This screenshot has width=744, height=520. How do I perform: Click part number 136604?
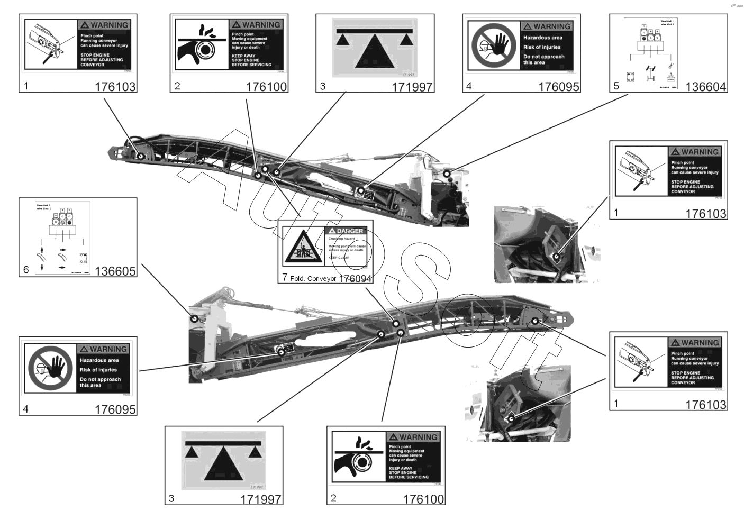pos(705,87)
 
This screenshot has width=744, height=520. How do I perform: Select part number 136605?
pos(115,271)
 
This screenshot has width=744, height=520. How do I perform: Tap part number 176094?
pos(355,278)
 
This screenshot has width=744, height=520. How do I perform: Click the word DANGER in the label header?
pos(350,231)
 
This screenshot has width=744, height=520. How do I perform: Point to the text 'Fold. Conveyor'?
pos(313,279)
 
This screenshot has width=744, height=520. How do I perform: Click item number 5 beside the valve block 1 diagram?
pos(616,86)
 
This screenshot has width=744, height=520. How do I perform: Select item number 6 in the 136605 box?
pos(26,270)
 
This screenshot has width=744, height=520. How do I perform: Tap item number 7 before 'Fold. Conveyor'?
pos(285,277)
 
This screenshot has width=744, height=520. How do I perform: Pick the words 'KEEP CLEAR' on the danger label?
pos(339,258)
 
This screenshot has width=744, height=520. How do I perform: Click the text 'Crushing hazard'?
pos(341,239)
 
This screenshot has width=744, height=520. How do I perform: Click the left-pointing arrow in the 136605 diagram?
pos(62,267)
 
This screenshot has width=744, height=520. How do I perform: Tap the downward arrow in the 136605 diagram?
pos(42,268)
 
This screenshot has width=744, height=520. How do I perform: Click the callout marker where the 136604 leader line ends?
pos(447,173)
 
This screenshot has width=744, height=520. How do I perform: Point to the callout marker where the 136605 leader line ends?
pos(194,318)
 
